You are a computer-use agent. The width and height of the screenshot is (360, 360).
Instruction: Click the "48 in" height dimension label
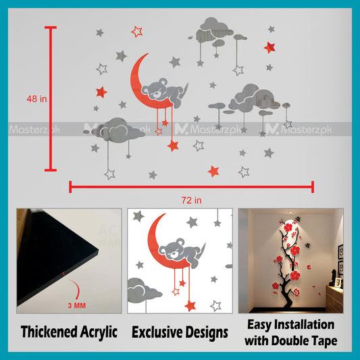(x=36, y=99)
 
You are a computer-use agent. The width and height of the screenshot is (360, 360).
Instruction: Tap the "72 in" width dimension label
(x=191, y=201)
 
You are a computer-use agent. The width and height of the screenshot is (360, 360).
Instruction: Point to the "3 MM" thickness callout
(x=77, y=305)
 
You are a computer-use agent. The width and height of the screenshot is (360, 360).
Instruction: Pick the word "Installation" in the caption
(x=305, y=325)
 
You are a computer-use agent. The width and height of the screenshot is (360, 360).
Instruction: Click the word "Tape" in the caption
(x=324, y=341)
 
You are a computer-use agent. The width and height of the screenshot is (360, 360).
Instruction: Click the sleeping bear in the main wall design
(x=164, y=93)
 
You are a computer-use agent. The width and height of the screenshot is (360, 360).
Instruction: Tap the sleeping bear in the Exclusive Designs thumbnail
(x=182, y=253)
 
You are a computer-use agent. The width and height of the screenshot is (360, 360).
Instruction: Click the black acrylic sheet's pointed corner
(x=97, y=251)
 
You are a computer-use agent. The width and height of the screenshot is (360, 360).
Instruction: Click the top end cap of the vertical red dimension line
(x=51, y=28)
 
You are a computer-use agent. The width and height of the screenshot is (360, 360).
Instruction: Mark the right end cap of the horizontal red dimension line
(x=313, y=187)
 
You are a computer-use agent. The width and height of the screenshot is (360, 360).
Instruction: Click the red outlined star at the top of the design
(x=137, y=32)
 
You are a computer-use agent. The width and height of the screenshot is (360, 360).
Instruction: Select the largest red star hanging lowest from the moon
(x=173, y=146)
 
